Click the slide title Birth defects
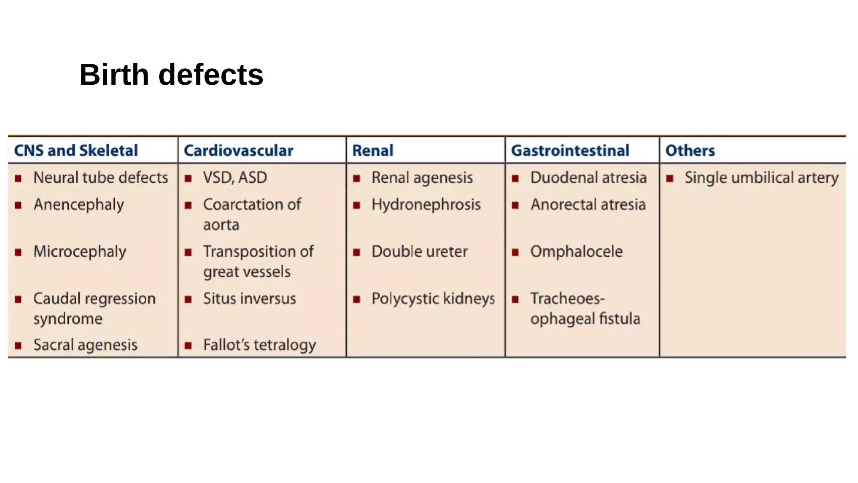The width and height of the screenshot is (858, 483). [171, 75]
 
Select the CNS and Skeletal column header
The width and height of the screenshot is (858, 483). [76, 150]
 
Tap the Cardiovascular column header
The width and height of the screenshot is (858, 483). [238, 150]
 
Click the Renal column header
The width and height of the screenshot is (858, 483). [372, 150]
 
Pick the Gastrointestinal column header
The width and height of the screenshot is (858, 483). [570, 150]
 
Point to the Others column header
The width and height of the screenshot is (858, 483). [690, 150]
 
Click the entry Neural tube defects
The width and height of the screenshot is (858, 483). [101, 177]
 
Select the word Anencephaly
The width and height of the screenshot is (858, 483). [79, 205]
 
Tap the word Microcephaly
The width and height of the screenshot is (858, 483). [80, 252]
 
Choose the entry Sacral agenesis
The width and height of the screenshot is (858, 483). [85, 345]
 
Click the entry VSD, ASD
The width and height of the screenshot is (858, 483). [235, 177]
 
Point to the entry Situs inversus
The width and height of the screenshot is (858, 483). [250, 299]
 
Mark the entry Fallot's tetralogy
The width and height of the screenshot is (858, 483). [259, 345]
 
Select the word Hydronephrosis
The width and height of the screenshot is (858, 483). [426, 205]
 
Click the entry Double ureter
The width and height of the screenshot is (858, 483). [419, 252]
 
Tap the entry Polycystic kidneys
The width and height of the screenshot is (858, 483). [433, 299]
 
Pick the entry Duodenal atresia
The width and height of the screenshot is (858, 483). [588, 177]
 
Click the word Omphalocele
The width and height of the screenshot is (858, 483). [576, 252]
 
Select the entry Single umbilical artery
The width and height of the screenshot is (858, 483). [761, 177]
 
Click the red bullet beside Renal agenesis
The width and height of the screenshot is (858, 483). [357, 179]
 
